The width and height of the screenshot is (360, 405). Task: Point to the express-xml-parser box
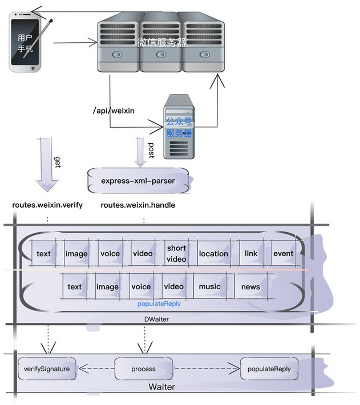pos(138,181)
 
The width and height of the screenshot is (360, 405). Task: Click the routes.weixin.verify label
pos(47,205)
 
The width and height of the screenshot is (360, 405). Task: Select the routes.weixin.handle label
pos(137,205)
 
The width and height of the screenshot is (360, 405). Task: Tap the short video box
pos(177,253)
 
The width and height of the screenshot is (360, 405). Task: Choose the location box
pos(213,254)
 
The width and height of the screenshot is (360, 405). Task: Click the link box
pos(251,253)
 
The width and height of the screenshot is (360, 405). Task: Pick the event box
pos(283,253)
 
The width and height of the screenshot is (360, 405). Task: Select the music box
pos(209,286)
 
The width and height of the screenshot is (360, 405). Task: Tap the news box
pos(250,286)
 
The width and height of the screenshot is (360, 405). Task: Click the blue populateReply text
pos(159,304)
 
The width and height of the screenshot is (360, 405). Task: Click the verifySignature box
pos(47,369)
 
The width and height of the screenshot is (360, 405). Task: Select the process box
pos(143,369)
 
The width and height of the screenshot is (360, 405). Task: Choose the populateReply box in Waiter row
pos(269,369)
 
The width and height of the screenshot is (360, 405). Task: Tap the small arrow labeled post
pos(140,149)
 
